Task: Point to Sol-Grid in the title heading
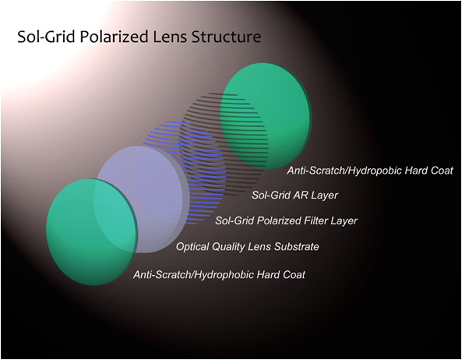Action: pos(47,37)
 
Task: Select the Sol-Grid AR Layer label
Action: pos(294,195)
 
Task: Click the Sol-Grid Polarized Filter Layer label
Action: pos(286,221)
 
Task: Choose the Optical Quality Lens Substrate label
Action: pos(248,246)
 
